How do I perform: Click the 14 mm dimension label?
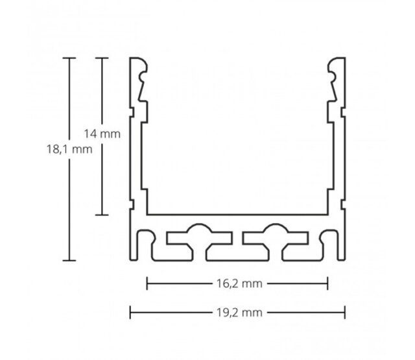click(103, 134)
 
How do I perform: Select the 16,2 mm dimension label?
click(238, 283)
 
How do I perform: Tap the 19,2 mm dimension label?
click(238, 312)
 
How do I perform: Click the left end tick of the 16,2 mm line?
click(148, 283)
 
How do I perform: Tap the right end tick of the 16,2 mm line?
click(329, 283)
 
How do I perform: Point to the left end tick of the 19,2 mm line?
click(131, 312)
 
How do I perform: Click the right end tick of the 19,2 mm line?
click(345, 312)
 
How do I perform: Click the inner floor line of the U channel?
click(238, 214)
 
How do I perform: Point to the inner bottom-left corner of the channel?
click(148, 213)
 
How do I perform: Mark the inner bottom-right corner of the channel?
click(328, 213)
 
